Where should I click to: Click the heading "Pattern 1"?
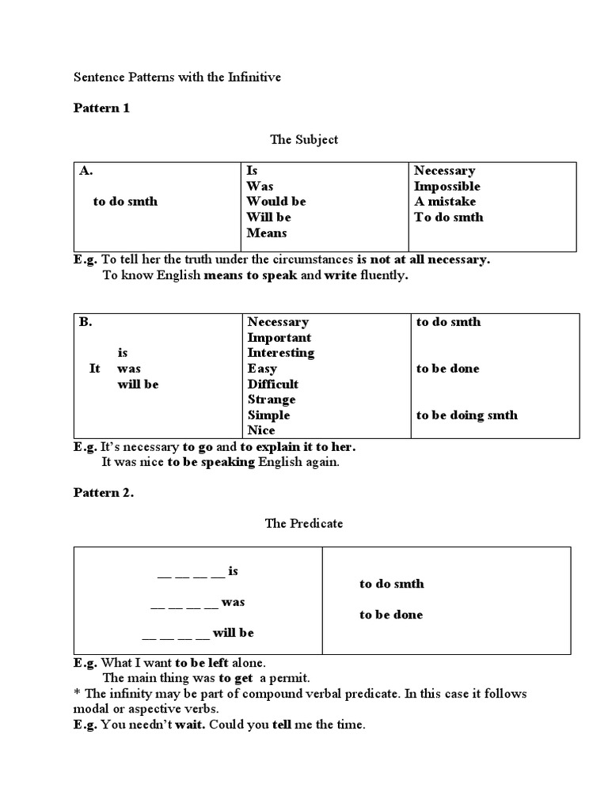click(101, 108)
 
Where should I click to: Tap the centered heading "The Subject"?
click(304, 139)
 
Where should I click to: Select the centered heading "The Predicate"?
click(304, 524)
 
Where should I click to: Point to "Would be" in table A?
click(275, 202)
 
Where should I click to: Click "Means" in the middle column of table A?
click(267, 233)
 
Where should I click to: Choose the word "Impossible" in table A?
click(446, 187)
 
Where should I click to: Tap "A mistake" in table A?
click(445, 202)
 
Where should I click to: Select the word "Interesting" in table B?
click(280, 353)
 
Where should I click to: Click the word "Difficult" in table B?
click(272, 384)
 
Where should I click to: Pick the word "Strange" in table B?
click(271, 399)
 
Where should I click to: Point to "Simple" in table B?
click(268, 415)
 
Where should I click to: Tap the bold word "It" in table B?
click(94, 369)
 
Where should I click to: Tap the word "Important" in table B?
click(279, 338)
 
